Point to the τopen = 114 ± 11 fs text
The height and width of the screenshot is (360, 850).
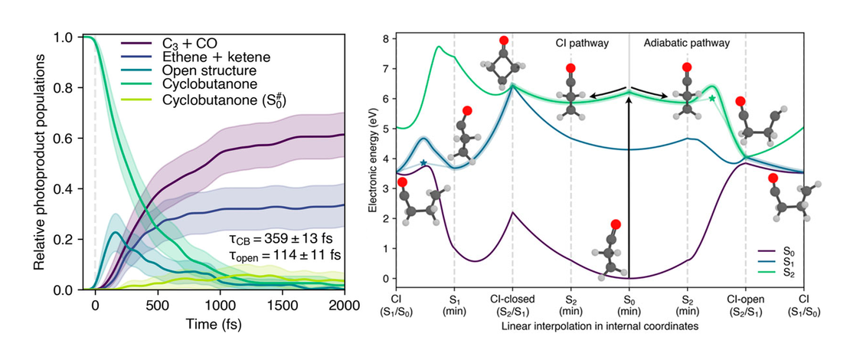[280, 254]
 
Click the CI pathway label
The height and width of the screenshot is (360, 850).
[582, 44]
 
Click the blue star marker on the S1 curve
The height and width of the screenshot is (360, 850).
[423, 163]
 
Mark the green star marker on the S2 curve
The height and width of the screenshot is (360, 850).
[712, 98]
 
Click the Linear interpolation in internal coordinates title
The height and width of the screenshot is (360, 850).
[600, 326]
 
